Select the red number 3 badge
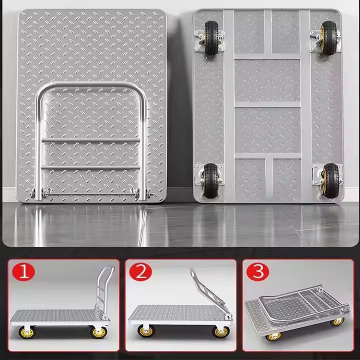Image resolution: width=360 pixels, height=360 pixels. pyautogui.click(x=258, y=272)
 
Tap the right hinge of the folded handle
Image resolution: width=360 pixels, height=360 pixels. pyautogui.click(x=139, y=192)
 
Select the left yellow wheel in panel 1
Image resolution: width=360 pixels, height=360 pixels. pyautogui.click(x=24, y=332)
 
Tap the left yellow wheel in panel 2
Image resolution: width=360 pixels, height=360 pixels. pyautogui.click(x=146, y=331)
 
